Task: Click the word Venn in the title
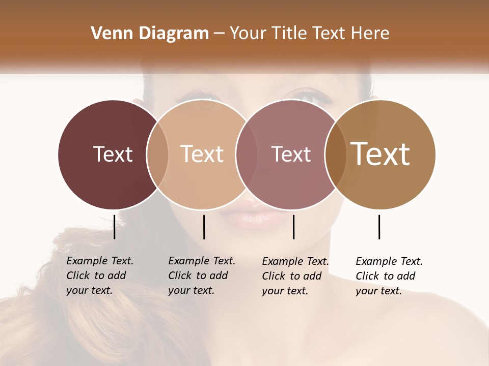(x=108, y=34)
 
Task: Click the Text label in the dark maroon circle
(x=113, y=154)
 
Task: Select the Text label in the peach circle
(x=202, y=154)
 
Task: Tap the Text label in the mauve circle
(x=291, y=154)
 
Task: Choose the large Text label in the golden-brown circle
(x=381, y=154)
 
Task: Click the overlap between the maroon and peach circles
(x=157, y=155)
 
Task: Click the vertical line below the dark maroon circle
(x=114, y=227)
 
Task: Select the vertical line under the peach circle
(x=204, y=227)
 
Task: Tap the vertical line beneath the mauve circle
(x=293, y=227)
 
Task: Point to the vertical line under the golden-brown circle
(x=379, y=227)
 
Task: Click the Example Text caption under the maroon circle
(x=99, y=276)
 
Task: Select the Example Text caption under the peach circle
(x=201, y=276)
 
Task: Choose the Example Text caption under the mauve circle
(x=295, y=276)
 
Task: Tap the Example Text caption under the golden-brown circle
(x=389, y=276)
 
